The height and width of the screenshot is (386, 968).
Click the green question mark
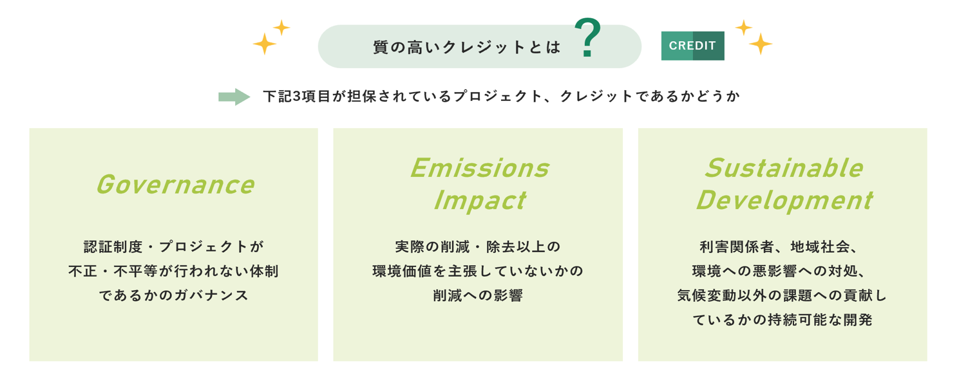pos(588,37)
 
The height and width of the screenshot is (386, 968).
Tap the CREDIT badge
pos(693,46)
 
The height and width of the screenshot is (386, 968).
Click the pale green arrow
pos(234,96)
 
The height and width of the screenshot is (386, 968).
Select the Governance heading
pos(175,185)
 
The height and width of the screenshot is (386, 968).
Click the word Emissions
pos(480,168)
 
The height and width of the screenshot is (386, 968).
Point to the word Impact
pos(480,201)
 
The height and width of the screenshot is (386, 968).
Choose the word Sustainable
pos(784,168)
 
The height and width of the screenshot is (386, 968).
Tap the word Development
pos(784,201)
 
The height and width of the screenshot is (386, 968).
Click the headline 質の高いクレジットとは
pos(467,47)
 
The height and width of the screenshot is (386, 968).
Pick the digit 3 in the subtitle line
pos(296,96)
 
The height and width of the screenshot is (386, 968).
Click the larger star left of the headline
pos(265,44)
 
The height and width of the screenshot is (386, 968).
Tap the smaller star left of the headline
pos(281,28)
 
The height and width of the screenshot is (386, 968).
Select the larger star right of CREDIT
pos(761,44)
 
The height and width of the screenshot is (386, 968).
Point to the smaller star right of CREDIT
pos(744,28)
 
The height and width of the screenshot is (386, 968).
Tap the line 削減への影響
pos(478,296)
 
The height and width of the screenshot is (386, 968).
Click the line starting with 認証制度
pos(174,247)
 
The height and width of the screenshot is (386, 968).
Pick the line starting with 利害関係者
pos(778,247)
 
